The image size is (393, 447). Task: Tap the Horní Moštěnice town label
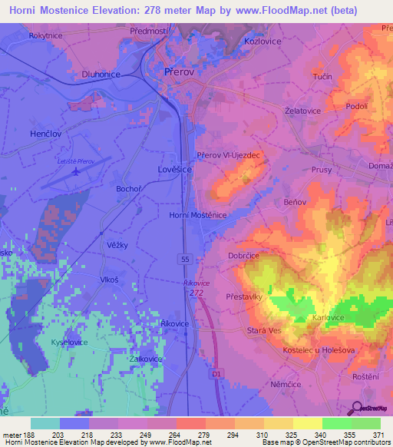point(197,216)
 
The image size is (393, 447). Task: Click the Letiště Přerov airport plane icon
point(74,171)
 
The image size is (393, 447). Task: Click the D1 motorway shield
point(216,372)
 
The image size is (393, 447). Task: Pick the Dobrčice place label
point(245,254)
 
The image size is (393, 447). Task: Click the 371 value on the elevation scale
point(376,435)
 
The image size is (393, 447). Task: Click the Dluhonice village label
point(101,74)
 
